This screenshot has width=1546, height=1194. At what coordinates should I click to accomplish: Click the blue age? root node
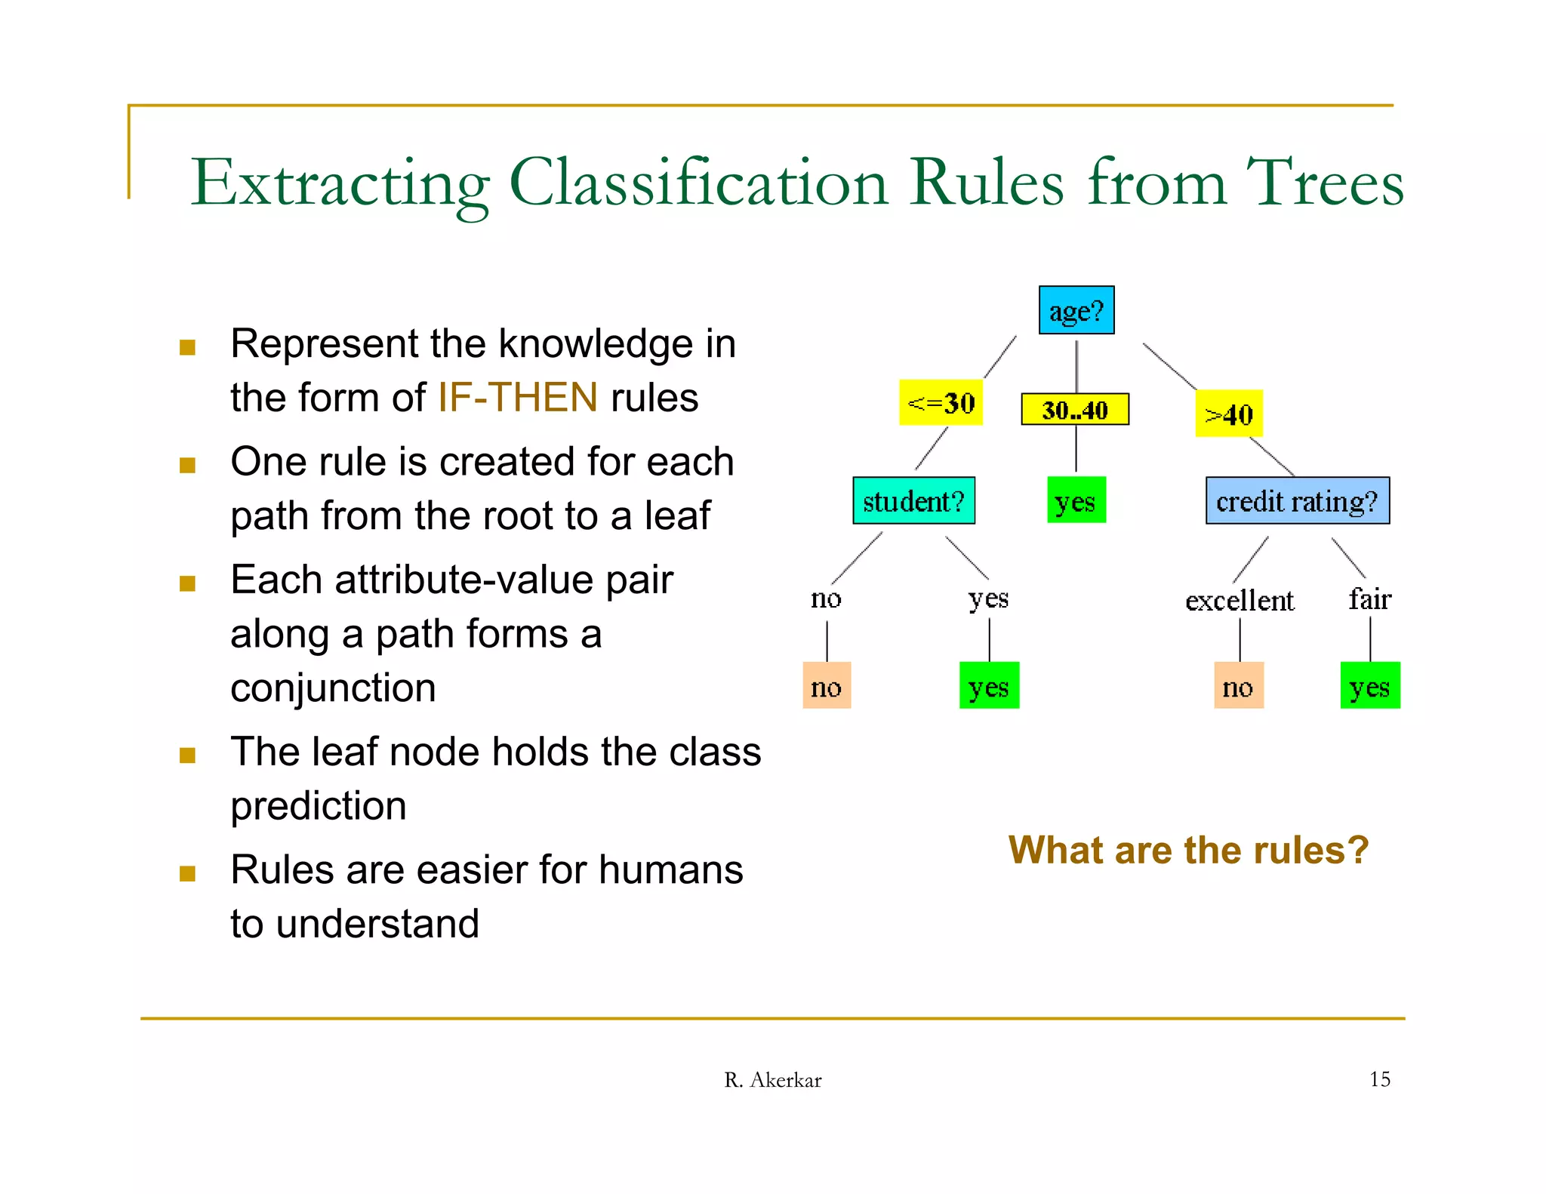(x=1076, y=310)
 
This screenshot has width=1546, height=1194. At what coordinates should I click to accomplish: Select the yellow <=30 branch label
(x=941, y=403)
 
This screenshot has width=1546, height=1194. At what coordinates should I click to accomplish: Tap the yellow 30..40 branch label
(x=1075, y=409)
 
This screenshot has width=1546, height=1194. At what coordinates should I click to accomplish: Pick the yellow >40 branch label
(x=1229, y=414)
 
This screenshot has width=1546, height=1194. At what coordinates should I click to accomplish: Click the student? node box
(x=913, y=500)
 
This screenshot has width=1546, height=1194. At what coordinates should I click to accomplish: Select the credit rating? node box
(x=1297, y=500)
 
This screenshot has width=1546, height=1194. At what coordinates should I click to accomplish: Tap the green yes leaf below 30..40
(x=1076, y=500)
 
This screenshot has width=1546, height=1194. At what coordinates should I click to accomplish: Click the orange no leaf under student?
(x=827, y=685)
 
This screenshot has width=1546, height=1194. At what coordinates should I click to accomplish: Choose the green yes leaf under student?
(x=989, y=685)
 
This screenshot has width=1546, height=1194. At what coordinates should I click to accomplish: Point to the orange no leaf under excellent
(x=1239, y=685)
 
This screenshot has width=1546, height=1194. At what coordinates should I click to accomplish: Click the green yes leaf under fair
(x=1369, y=685)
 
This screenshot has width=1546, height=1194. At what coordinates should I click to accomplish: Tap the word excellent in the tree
(x=1240, y=601)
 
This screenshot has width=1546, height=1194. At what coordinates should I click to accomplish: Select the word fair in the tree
(x=1369, y=599)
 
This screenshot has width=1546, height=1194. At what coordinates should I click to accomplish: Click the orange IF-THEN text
(x=517, y=398)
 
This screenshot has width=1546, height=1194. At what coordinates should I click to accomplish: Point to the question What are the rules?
(x=1188, y=850)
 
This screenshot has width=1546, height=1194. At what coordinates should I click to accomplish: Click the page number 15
(x=1379, y=1079)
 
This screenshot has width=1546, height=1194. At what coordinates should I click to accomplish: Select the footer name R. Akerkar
(x=772, y=1080)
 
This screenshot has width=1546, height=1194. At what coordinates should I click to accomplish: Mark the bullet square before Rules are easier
(x=188, y=873)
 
